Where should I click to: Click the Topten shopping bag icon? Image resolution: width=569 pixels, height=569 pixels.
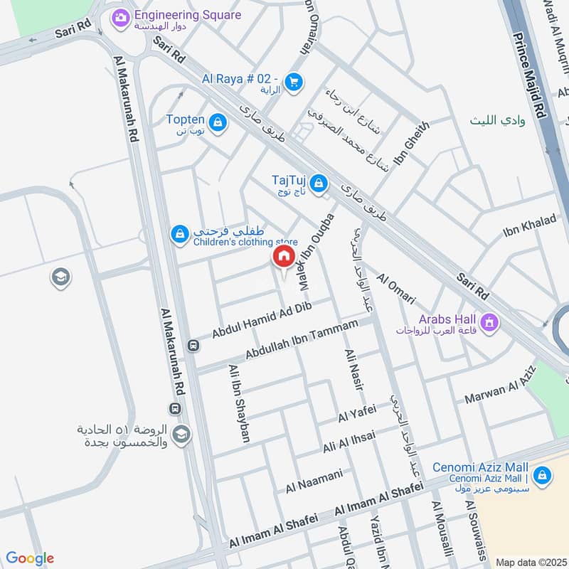[x=218, y=123]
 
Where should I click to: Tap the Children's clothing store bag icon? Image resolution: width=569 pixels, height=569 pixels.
[x=180, y=233]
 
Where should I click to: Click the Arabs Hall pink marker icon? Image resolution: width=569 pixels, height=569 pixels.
[x=489, y=322]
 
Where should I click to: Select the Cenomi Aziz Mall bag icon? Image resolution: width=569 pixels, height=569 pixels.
[x=542, y=474]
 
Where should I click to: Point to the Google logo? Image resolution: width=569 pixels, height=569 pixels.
[x=29, y=558]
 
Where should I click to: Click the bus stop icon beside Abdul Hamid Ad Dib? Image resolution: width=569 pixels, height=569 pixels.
[x=193, y=346]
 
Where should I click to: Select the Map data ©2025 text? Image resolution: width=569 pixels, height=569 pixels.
[x=530, y=562]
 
